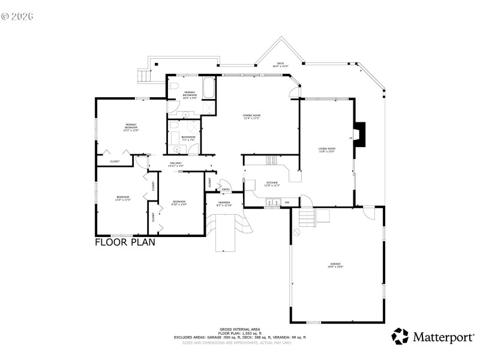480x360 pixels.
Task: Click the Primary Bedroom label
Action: click(131, 127)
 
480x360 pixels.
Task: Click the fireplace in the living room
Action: click(359, 134)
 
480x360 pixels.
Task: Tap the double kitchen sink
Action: click(273, 203)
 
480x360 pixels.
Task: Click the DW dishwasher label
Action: click(287, 203)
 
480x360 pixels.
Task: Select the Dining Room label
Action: click(251, 116)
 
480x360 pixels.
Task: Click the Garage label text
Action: click(335, 265)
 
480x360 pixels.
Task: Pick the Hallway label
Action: click(176, 164)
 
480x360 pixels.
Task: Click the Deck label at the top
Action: click(280, 65)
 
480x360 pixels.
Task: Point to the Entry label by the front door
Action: click(226, 190)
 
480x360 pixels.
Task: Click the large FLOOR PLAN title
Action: click(125, 242)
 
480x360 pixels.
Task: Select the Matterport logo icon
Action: click(400, 337)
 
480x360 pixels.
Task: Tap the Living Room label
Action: click(326, 149)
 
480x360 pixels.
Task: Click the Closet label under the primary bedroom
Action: click(115, 161)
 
